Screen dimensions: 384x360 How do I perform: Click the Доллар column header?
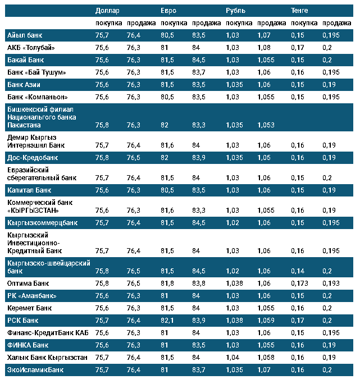(107, 11)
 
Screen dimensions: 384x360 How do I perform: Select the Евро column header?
(168, 11)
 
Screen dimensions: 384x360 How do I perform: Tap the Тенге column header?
(299, 11)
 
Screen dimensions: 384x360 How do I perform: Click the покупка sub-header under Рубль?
(237, 23)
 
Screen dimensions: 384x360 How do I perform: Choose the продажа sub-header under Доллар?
(140, 23)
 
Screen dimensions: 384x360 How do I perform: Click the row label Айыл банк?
(25, 35)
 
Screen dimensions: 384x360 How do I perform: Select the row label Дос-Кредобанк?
(33, 158)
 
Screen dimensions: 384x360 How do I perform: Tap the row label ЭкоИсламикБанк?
(35, 369)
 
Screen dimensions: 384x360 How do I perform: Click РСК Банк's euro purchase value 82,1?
(167, 320)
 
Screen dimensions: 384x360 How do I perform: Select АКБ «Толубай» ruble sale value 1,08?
(263, 48)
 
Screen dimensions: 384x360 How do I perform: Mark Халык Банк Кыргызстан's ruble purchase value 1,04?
(233, 357)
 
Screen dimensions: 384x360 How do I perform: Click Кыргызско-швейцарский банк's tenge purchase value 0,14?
(297, 271)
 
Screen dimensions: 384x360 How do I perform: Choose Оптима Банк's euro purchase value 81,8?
(167, 284)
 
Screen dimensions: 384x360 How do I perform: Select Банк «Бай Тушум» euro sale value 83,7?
(199, 72)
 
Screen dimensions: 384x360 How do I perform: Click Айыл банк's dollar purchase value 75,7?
(102, 35)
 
